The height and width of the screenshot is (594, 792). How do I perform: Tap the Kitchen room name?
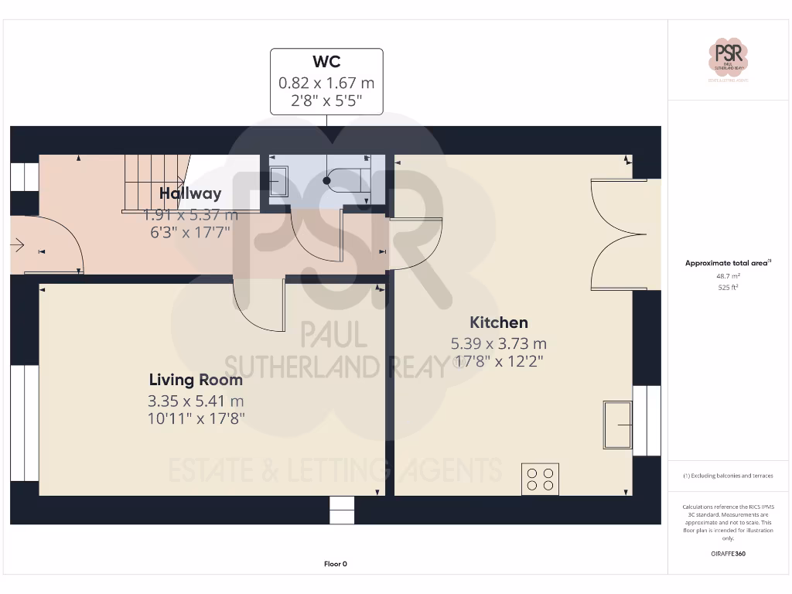[x=499, y=323]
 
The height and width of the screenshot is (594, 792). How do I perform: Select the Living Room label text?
[x=196, y=380]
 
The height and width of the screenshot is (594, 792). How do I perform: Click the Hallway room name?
[x=190, y=193]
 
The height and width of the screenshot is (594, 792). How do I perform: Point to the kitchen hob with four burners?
[x=540, y=479]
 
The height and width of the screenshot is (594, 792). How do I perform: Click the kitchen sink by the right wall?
[x=617, y=425]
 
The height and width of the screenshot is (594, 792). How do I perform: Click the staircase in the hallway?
[x=155, y=182]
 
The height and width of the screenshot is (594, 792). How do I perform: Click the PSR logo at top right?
[x=728, y=57]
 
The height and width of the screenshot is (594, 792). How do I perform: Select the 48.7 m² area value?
[x=728, y=275]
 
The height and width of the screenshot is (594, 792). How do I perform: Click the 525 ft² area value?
[x=728, y=287]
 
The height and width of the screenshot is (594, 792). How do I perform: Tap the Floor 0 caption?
[x=335, y=564]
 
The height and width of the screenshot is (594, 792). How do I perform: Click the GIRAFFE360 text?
[x=728, y=554]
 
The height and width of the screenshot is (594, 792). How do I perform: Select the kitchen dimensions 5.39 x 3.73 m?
[x=499, y=343]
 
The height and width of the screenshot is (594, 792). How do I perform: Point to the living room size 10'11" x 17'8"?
[x=196, y=418]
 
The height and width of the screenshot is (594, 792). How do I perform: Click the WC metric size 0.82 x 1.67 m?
[x=326, y=82]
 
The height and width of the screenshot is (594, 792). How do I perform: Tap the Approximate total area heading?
[x=728, y=263]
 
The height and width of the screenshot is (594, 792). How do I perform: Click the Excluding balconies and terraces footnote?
[x=728, y=476]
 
